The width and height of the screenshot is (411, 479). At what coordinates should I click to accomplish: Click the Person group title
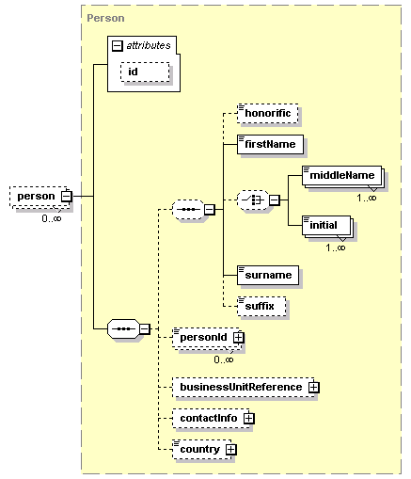click(x=105, y=18)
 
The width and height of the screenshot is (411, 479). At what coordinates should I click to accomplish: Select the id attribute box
click(x=145, y=72)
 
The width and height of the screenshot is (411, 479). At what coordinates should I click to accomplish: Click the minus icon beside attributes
click(x=117, y=46)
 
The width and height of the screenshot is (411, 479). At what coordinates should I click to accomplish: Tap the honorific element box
click(x=267, y=113)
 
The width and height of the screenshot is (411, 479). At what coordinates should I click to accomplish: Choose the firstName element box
click(x=270, y=144)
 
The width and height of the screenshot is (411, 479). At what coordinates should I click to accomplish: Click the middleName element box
click(x=341, y=175)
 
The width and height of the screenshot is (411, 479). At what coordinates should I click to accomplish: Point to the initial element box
click(x=326, y=225)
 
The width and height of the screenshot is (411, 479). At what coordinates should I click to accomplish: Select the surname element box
click(x=268, y=275)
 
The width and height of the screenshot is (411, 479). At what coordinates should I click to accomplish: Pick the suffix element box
click(x=261, y=306)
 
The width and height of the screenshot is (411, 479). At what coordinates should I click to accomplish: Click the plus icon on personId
click(x=238, y=337)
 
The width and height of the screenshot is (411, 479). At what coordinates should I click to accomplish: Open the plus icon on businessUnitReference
click(x=313, y=387)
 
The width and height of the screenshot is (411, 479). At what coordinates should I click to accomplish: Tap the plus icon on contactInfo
click(x=248, y=418)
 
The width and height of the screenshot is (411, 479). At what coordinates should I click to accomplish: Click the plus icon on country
click(x=230, y=449)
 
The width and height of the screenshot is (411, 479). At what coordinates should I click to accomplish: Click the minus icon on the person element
click(x=67, y=197)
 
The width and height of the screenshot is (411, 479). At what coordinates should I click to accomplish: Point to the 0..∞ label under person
click(x=52, y=218)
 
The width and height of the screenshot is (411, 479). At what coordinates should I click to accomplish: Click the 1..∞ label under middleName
click(x=367, y=198)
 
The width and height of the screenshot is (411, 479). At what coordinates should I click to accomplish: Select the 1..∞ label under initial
click(x=336, y=247)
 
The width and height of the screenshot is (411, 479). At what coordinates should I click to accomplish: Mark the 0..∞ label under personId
click(x=224, y=359)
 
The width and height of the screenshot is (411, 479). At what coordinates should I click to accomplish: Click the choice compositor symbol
click(x=253, y=200)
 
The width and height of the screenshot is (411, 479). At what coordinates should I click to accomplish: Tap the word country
click(x=199, y=450)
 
